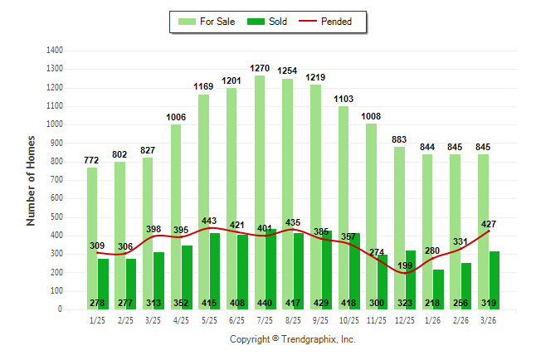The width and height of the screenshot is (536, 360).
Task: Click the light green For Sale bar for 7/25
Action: [x=260, y=166]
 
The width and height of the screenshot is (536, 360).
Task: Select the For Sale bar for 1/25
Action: [x=92, y=207]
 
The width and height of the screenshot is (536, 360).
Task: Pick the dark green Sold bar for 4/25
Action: [x=188, y=274]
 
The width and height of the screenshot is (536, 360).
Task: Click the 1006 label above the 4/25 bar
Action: [x=176, y=117]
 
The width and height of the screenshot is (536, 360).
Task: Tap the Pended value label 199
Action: [x=405, y=265]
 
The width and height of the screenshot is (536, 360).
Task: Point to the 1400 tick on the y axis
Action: [x=56, y=51]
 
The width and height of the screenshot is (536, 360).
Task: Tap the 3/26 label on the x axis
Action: [x=488, y=320]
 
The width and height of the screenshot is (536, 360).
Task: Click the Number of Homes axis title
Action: [x=32, y=180]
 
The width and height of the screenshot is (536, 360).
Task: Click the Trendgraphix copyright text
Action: [x=292, y=339]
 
